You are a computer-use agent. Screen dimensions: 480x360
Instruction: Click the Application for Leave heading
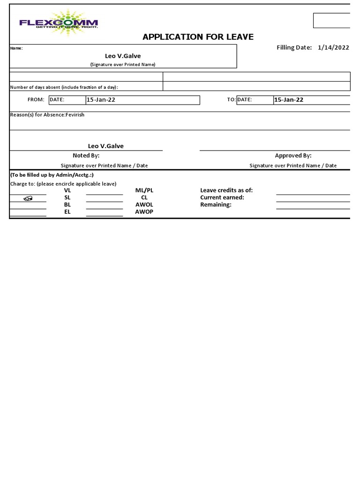pos(198,37)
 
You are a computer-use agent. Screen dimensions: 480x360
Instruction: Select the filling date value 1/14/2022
pos(333,47)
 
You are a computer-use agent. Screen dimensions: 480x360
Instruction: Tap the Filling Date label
pos(294,47)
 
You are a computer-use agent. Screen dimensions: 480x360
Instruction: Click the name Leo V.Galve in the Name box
pos(123,56)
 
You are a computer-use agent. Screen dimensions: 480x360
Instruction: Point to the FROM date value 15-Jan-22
pos(101,100)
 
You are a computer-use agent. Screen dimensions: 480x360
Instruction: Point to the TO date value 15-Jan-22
pos(289,100)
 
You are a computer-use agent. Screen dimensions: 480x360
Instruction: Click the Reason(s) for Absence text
pos(47,115)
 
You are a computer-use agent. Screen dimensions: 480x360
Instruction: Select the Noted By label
pos(86,156)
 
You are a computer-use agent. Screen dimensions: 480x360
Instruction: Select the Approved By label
pos(293,156)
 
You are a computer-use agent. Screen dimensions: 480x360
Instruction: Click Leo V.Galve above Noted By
pos(106,146)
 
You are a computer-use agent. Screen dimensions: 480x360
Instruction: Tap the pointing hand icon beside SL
pos(28,198)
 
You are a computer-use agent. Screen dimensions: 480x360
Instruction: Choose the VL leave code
pos(67,190)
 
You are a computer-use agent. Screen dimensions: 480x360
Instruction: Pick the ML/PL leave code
pos(144,190)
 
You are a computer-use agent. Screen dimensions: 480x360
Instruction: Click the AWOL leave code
pos(144,204)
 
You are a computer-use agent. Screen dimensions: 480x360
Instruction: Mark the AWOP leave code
pos(144,211)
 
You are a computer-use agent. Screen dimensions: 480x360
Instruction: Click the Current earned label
pos(222,197)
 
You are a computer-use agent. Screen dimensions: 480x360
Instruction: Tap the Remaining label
pos(216,204)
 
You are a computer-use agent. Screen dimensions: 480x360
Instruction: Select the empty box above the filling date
pos(331,21)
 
